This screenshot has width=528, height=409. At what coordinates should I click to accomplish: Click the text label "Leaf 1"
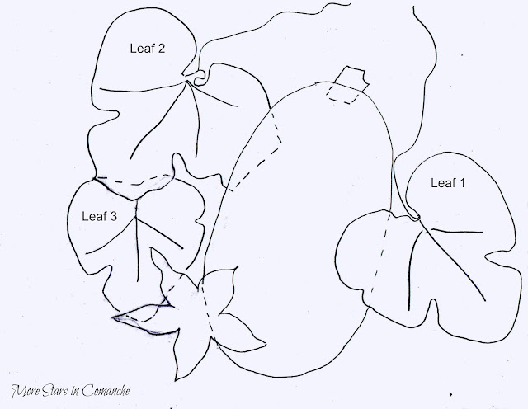click(448, 183)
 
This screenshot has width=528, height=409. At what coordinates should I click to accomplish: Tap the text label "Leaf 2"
click(148, 48)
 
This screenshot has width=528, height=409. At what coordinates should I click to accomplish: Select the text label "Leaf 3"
click(99, 216)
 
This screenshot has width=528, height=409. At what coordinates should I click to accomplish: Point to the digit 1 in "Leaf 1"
click(462, 183)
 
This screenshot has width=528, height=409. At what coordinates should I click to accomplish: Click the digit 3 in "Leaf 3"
click(113, 216)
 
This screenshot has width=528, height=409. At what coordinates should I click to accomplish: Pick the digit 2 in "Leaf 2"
click(162, 48)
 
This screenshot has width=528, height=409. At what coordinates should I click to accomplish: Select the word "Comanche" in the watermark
click(106, 391)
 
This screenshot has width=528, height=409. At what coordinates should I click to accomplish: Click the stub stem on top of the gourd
click(352, 78)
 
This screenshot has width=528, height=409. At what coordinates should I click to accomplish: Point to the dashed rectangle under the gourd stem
click(342, 94)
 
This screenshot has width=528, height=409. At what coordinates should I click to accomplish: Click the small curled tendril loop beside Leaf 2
click(200, 78)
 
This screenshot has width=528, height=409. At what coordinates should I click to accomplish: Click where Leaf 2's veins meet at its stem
click(187, 81)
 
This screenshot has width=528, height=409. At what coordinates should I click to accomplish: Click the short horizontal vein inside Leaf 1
click(457, 231)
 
